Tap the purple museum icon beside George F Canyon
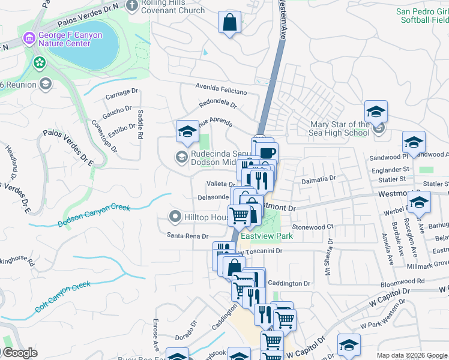28,39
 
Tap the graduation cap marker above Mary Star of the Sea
376,112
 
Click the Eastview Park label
267,236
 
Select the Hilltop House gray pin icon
175,216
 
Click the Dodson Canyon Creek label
94,216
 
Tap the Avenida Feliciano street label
221,89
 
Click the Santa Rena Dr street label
187,236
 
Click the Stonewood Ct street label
312,227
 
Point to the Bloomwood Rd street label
403,280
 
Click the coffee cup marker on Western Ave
267,152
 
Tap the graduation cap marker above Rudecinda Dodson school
187,131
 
